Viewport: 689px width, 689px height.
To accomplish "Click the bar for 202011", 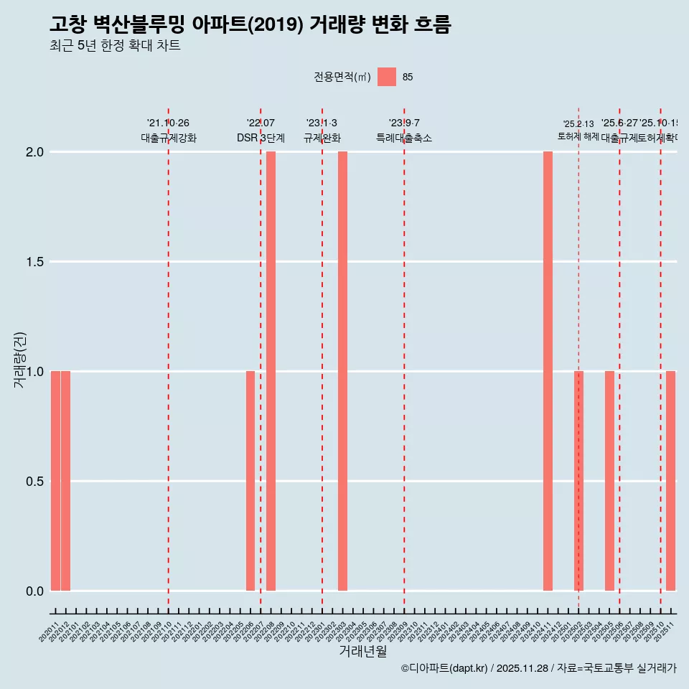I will click(x=55, y=481).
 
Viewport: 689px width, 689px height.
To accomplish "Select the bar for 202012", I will click(x=65, y=481).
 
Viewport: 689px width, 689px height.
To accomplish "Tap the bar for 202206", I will click(x=250, y=481).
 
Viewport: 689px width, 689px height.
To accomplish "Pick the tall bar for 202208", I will click(x=271, y=371).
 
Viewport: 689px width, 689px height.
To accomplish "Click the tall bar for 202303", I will click(x=342, y=371).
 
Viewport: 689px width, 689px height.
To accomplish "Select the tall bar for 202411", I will click(x=548, y=371).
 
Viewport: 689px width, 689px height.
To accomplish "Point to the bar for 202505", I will click(x=609, y=481).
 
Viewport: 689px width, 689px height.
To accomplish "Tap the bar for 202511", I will click(x=670, y=481).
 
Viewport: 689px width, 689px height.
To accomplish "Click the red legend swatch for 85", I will click(x=387, y=77).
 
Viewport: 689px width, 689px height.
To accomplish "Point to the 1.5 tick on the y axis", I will click(x=34, y=262).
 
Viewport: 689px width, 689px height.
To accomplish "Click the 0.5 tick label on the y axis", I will click(x=34, y=482).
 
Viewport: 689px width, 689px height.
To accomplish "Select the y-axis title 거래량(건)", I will click(x=20, y=360).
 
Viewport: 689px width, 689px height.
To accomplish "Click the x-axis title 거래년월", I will click(x=362, y=652).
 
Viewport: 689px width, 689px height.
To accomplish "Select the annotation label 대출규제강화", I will click(x=168, y=138).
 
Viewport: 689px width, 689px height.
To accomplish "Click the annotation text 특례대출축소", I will click(x=404, y=138).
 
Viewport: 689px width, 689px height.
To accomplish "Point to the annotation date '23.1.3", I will click(x=322, y=123).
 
